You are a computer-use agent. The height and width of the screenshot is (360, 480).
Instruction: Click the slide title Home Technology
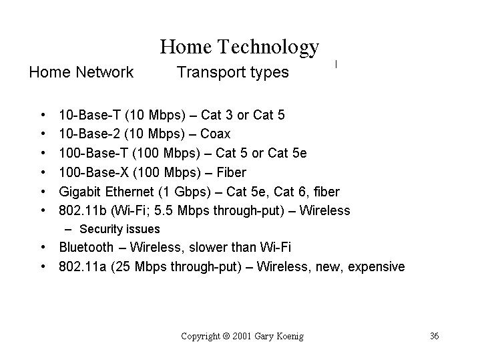(240, 47)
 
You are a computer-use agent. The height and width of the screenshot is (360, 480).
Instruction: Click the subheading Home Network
(81, 72)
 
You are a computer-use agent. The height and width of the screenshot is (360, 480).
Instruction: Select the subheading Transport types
(232, 73)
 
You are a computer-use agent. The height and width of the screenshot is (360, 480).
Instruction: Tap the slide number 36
(434, 336)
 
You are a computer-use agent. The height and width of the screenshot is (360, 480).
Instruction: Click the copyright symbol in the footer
(226, 336)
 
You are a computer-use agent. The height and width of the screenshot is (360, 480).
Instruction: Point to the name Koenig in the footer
(290, 337)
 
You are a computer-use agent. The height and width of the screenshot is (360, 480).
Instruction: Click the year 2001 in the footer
(242, 336)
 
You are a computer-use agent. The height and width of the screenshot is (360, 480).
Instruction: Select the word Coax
(215, 134)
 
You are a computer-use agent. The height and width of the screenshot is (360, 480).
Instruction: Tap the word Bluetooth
(86, 247)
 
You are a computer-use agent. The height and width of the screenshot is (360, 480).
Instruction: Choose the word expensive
(377, 267)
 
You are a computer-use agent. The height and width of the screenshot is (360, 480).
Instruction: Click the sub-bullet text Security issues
(119, 229)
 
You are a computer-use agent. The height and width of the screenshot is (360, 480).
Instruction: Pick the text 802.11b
(83, 211)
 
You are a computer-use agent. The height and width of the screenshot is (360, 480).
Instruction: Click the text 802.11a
(83, 266)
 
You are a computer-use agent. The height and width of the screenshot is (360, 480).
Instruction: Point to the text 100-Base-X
(94, 172)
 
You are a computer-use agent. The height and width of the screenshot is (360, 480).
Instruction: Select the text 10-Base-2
(89, 134)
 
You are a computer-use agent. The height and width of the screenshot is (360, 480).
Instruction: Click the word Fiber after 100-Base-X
(232, 172)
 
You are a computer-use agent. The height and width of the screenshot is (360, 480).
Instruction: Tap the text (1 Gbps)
(185, 192)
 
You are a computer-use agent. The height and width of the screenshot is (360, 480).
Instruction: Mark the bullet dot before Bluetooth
(43, 247)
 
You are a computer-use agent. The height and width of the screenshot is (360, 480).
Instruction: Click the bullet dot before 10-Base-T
(43, 115)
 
